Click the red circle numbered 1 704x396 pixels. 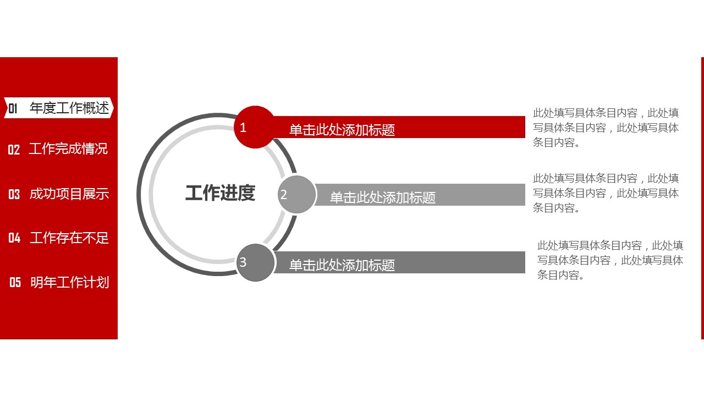tap(255, 127)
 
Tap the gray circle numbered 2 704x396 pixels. tap(296, 195)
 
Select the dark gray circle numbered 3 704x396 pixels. tap(255, 263)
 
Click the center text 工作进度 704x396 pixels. tap(220, 193)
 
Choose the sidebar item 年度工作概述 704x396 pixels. tap(69, 108)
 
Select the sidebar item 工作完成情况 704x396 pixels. tap(68, 148)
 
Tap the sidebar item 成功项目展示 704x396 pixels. tap(69, 194)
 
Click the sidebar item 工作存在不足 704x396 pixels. tap(69, 238)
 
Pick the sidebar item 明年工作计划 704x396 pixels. tap(69, 282)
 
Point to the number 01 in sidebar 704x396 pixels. tap(13, 108)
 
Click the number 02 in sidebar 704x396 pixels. tap(14, 150)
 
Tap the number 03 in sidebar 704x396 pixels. tap(14, 194)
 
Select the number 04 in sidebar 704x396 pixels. tap(14, 238)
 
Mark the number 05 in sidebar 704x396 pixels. tap(15, 283)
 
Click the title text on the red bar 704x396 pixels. tap(342, 130)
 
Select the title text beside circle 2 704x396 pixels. tap(383, 197)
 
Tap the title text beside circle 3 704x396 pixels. tap(342, 265)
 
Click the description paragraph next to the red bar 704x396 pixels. tap(606, 128)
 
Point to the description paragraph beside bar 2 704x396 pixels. tap(606, 193)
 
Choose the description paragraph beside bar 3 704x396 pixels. tap(610, 260)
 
